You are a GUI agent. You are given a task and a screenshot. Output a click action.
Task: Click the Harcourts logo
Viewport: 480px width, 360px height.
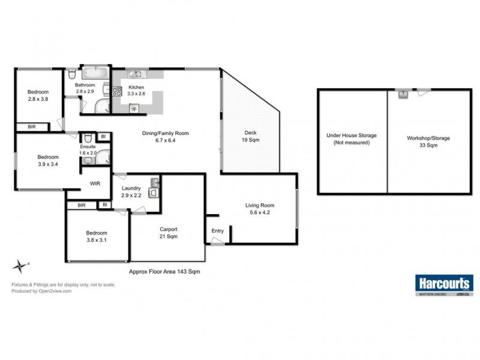point(443,283)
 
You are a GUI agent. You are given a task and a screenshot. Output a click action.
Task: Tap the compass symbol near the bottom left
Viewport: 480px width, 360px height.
point(22,265)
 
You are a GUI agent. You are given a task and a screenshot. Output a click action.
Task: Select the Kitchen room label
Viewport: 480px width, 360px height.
point(136,87)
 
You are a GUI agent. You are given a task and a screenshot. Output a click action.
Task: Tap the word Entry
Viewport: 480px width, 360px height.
point(217,231)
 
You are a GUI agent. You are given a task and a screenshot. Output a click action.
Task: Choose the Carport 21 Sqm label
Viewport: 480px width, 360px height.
point(168,232)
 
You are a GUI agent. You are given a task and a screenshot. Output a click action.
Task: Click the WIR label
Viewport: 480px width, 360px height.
point(95,183)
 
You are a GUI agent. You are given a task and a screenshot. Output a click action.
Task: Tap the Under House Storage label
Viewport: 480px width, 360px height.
point(351,139)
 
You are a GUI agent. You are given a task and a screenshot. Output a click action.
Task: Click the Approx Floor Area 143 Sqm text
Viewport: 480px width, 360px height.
point(164,271)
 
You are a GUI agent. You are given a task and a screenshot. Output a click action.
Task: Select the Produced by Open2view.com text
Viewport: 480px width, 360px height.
point(41,291)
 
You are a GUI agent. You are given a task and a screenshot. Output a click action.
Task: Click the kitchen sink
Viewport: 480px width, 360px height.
point(136,74)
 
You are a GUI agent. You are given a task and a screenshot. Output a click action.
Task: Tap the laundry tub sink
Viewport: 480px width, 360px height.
point(155,181)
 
